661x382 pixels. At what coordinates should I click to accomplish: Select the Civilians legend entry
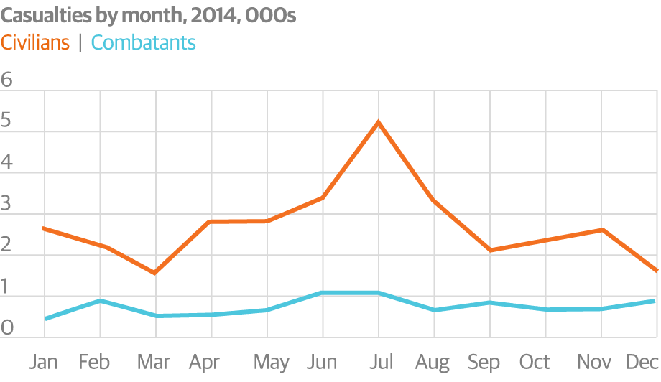[x=35, y=43]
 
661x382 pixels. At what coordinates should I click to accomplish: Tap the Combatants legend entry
[x=144, y=43]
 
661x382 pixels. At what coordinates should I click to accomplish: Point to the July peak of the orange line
[x=378, y=122]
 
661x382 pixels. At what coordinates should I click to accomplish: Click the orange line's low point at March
[x=155, y=273]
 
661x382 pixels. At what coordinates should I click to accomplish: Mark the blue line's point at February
[x=100, y=300]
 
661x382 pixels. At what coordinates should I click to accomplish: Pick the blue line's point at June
[x=322, y=293]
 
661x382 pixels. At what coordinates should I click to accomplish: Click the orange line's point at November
[x=601, y=230]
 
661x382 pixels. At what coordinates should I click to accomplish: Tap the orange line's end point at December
[x=656, y=271]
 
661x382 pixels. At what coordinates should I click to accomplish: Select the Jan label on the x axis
[x=44, y=362]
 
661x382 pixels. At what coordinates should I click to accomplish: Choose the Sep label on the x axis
[x=484, y=362]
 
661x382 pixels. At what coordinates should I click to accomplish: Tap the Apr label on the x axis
[x=204, y=362]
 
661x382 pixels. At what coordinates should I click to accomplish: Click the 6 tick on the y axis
[x=7, y=80]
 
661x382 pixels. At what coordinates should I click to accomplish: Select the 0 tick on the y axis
[x=7, y=328]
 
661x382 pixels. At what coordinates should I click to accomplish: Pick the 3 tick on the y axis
[x=7, y=204]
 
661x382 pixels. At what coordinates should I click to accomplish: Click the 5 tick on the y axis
[x=7, y=121]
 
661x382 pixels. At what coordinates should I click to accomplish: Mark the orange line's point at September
[x=489, y=250]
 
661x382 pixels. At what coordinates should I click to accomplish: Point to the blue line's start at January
[x=45, y=319]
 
